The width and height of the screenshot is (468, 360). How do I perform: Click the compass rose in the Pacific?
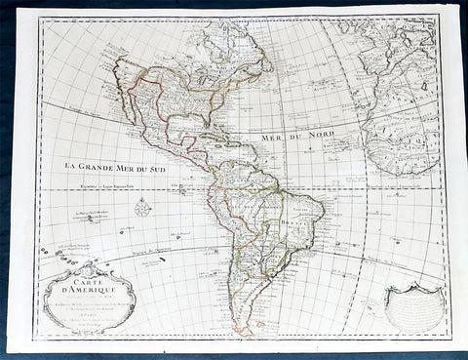[143, 207]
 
